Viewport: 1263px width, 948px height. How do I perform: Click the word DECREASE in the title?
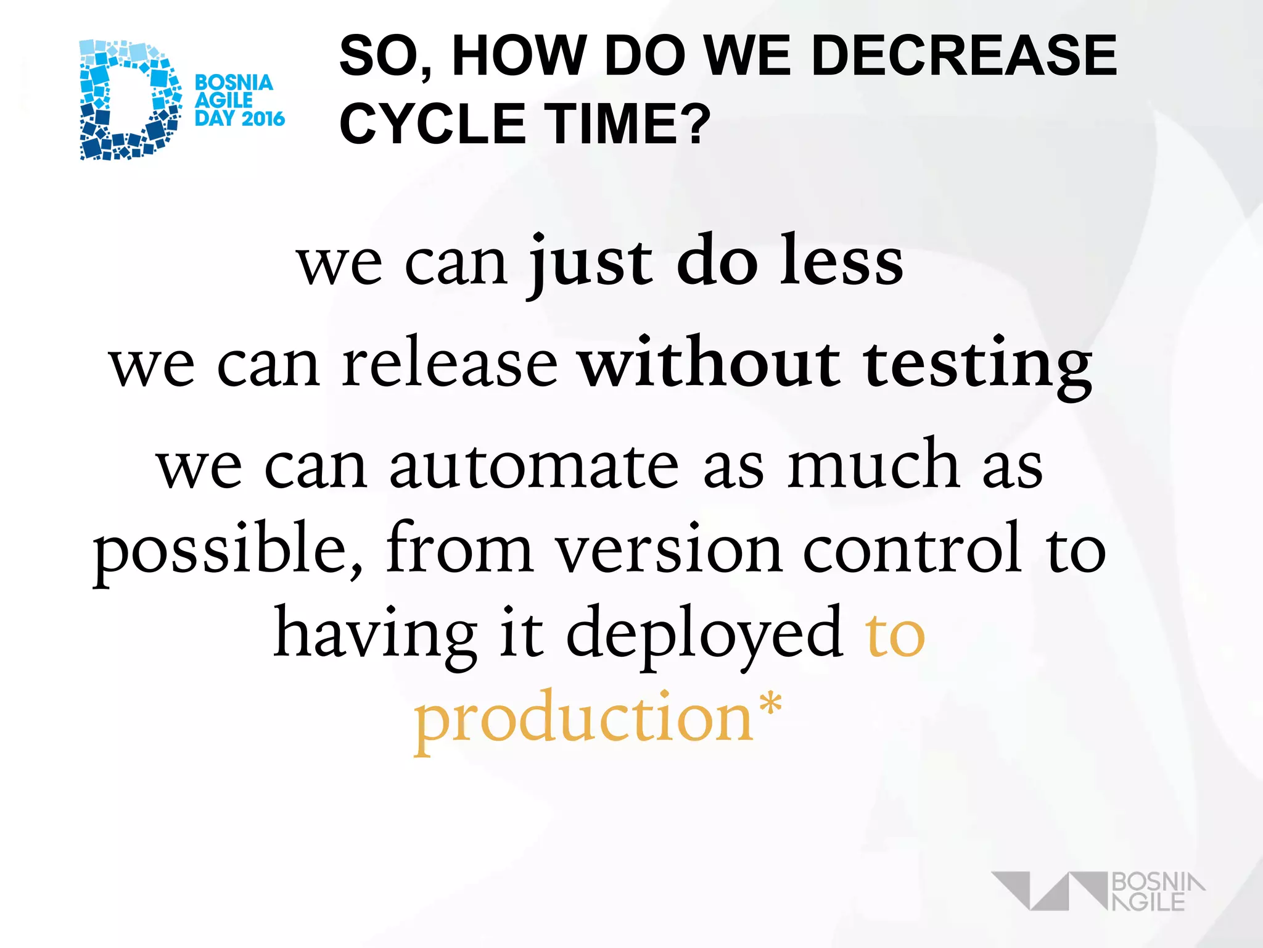click(963, 57)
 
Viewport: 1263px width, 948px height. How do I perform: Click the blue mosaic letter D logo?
click(130, 100)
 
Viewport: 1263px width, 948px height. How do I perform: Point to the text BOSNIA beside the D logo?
click(234, 83)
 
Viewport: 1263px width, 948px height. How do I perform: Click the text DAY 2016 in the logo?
click(240, 118)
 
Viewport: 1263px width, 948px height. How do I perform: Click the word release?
click(450, 365)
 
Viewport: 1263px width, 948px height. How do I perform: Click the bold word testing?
click(977, 365)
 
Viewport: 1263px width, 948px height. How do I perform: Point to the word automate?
click(534, 466)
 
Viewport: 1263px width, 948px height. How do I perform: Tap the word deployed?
click(704, 636)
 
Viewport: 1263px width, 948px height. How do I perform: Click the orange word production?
click(583, 720)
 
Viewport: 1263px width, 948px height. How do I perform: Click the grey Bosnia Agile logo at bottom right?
click(1098, 891)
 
